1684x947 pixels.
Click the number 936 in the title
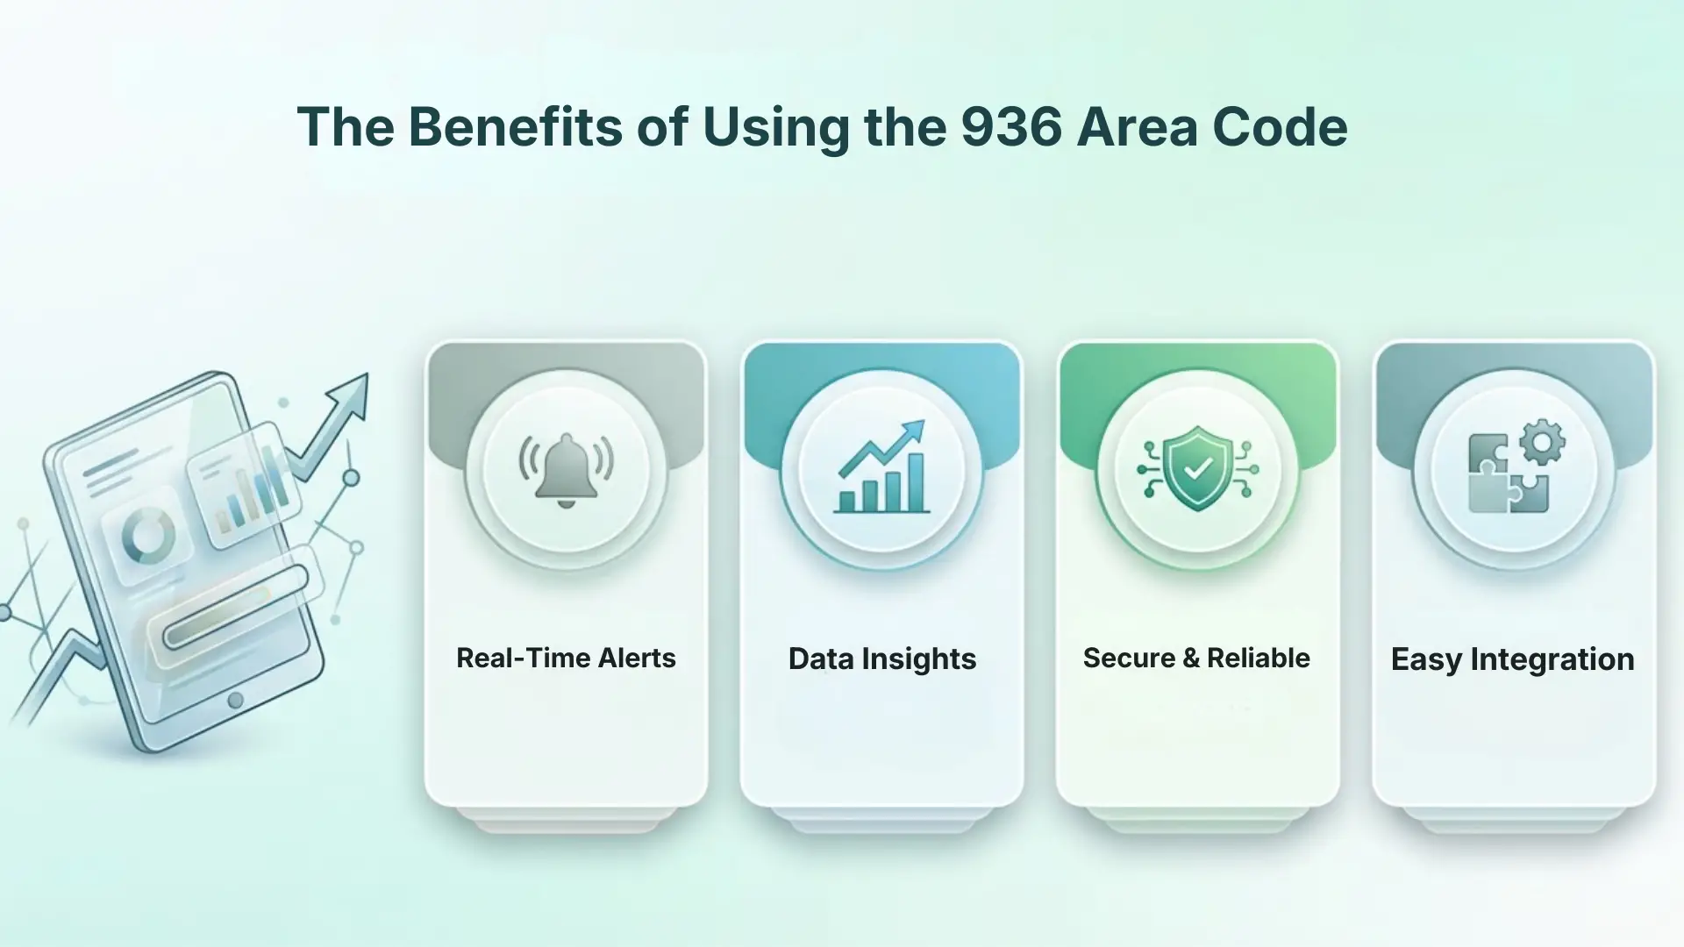tap(1011, 127)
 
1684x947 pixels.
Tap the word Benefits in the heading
tap(515, 127)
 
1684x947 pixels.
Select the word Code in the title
tap(1280, 127)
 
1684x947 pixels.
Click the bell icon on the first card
tap(566, 470)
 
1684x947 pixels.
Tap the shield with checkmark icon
tap(1197, 468)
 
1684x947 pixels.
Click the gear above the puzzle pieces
tap(1541, 442)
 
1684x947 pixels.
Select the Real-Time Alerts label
tap(566, 658)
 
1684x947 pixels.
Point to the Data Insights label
tap(881, 659)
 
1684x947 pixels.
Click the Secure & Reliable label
tap(1196, 658)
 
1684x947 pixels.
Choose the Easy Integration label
tap(1512, 659)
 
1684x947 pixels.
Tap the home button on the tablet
tap(235, 700)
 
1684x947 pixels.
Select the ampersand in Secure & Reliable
tap(1190, 658)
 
